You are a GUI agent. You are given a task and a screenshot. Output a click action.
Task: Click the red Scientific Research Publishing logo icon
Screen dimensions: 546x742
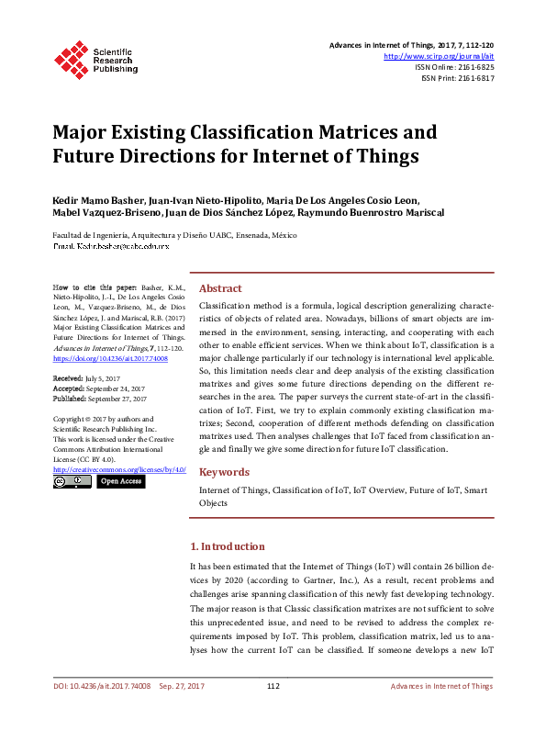(x=72, y=57)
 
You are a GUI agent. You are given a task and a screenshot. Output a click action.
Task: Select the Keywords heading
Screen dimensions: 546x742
(x=224, y=472)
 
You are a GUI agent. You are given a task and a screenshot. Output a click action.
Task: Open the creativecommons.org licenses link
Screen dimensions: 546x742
(x=119, y=469)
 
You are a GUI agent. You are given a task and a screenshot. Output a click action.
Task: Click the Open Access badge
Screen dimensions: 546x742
(x=121, y=481)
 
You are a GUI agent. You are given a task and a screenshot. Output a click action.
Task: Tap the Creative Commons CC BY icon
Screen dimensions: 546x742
(x=72, y=481)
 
